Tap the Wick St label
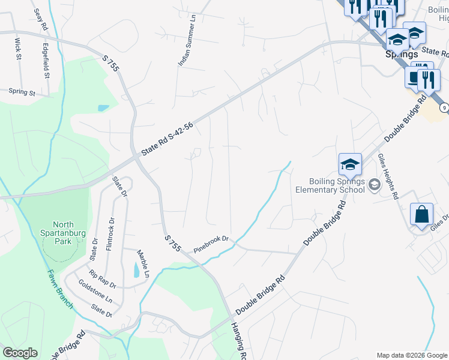(x=18, y=49)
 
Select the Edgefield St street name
(x=46, y=60)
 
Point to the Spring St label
(x=22, y=92)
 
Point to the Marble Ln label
(x=142, y=260)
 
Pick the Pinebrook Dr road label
(x=212, y=244)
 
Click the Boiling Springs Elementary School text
(x=330, y=185)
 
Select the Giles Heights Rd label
(x=388, y=177)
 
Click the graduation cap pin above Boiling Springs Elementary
(x=350, y=164)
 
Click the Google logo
(x=20, y=353)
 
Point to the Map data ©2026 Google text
(x=412, y=355)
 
